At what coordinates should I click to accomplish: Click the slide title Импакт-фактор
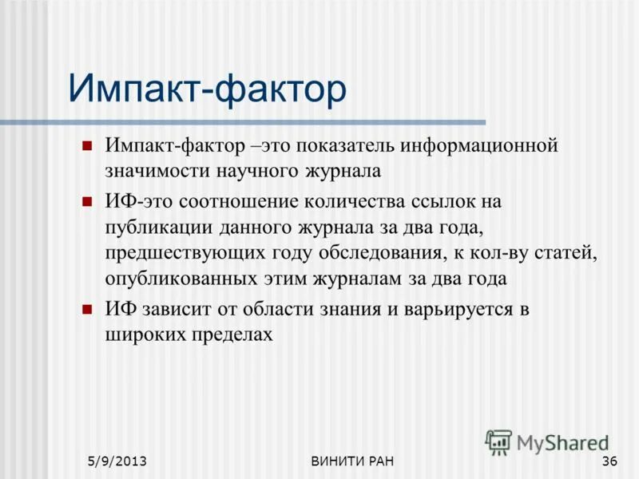click(208, 88)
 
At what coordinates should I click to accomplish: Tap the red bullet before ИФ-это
click(89, 200)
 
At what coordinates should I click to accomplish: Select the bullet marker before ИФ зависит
click(89, 308)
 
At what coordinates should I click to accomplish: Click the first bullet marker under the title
click(89, 144)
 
